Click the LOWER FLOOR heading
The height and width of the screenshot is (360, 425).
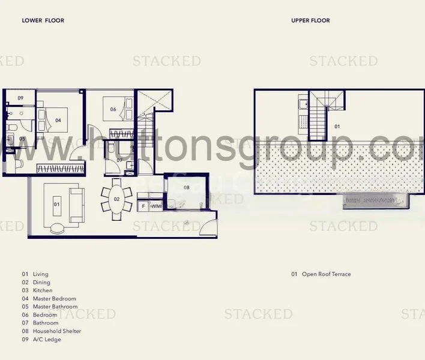point(43,20)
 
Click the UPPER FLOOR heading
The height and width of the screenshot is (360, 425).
point(310,20)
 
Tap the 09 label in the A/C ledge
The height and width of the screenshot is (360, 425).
point(20,98)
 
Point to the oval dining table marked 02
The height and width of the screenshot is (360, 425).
point(116,199)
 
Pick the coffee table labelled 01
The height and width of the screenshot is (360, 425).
point(57,205)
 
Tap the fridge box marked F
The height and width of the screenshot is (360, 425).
point(143,206)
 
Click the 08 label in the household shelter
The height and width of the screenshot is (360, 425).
point(186,188)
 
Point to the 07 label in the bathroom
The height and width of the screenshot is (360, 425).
point(119,160)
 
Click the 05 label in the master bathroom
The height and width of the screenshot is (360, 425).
point(22,139)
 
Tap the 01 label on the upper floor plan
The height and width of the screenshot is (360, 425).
point(337,127)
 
